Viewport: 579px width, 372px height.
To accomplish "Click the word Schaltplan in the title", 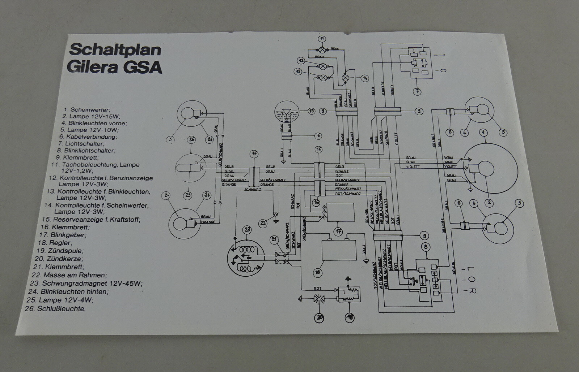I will [x=115, y=49].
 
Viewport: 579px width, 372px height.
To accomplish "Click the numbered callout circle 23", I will [x=247, y=229].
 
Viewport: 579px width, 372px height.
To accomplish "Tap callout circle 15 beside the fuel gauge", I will [x=311, y=111].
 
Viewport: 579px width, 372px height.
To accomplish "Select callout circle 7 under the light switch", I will [x=417, y=91].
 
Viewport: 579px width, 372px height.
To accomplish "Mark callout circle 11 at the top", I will [x=321, y=39].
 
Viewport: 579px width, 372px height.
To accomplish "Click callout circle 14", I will [x=364, y=78].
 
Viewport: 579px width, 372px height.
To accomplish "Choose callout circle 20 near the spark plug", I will [x=320, y=318].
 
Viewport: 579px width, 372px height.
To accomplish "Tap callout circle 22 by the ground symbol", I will [x=263, y=223].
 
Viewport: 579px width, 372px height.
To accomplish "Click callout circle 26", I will [x=192, y=140].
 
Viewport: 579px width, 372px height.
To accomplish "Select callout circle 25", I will [x=187, y=195].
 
